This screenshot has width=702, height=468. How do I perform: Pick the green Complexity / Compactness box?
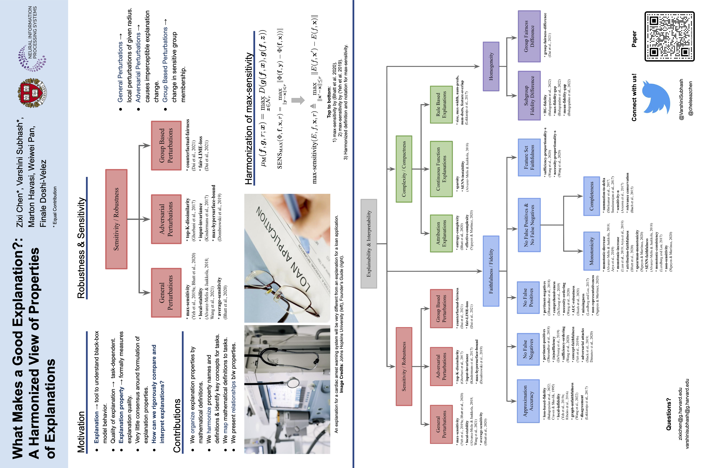pyautogui.click(x=404, y=169)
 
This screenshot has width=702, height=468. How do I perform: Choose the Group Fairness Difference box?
pyautogui.click(x=529, y=36)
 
